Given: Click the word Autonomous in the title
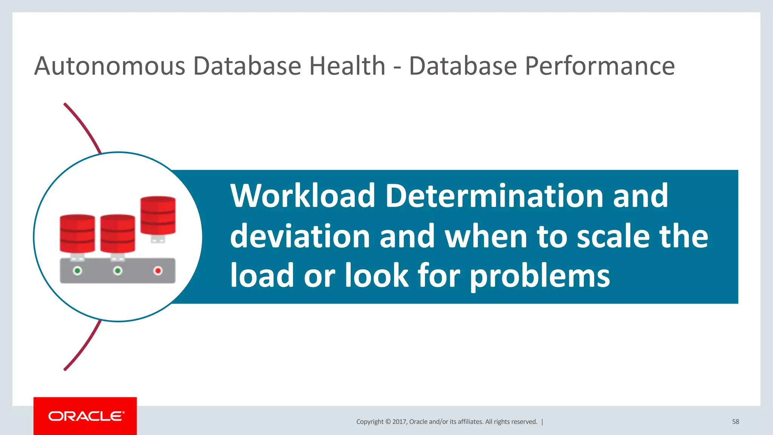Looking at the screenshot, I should [x=109, y=66].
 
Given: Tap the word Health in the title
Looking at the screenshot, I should [x=347, y=66].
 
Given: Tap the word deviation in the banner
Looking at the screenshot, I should [x=300, y=236].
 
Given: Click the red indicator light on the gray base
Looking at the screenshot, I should [x=158, y=271].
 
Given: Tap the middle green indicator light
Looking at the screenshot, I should [x=118, y=271].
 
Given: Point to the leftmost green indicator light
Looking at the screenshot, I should [x=77, y=271].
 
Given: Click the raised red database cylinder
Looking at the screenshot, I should [x=158, y=215].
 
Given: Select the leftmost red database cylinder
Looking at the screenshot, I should [x=77, y=233].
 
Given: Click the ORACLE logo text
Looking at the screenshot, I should [x=86, y=416].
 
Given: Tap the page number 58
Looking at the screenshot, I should [x=735, y=422].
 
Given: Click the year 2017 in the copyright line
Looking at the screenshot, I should [x=399, y=422].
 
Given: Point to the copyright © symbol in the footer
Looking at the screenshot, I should [x=388, y=422].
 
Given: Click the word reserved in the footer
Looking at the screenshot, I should [x=525, y=422].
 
